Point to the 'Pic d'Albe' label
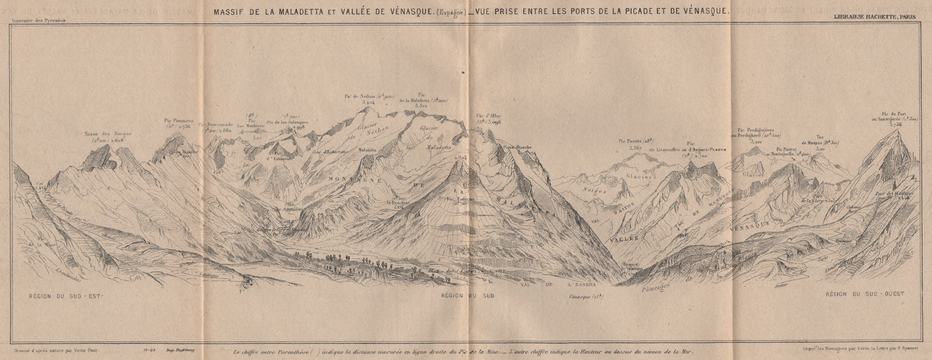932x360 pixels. point(488,115)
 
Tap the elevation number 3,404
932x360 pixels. point(368,102)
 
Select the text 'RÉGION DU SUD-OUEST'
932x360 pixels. point(864,295)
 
